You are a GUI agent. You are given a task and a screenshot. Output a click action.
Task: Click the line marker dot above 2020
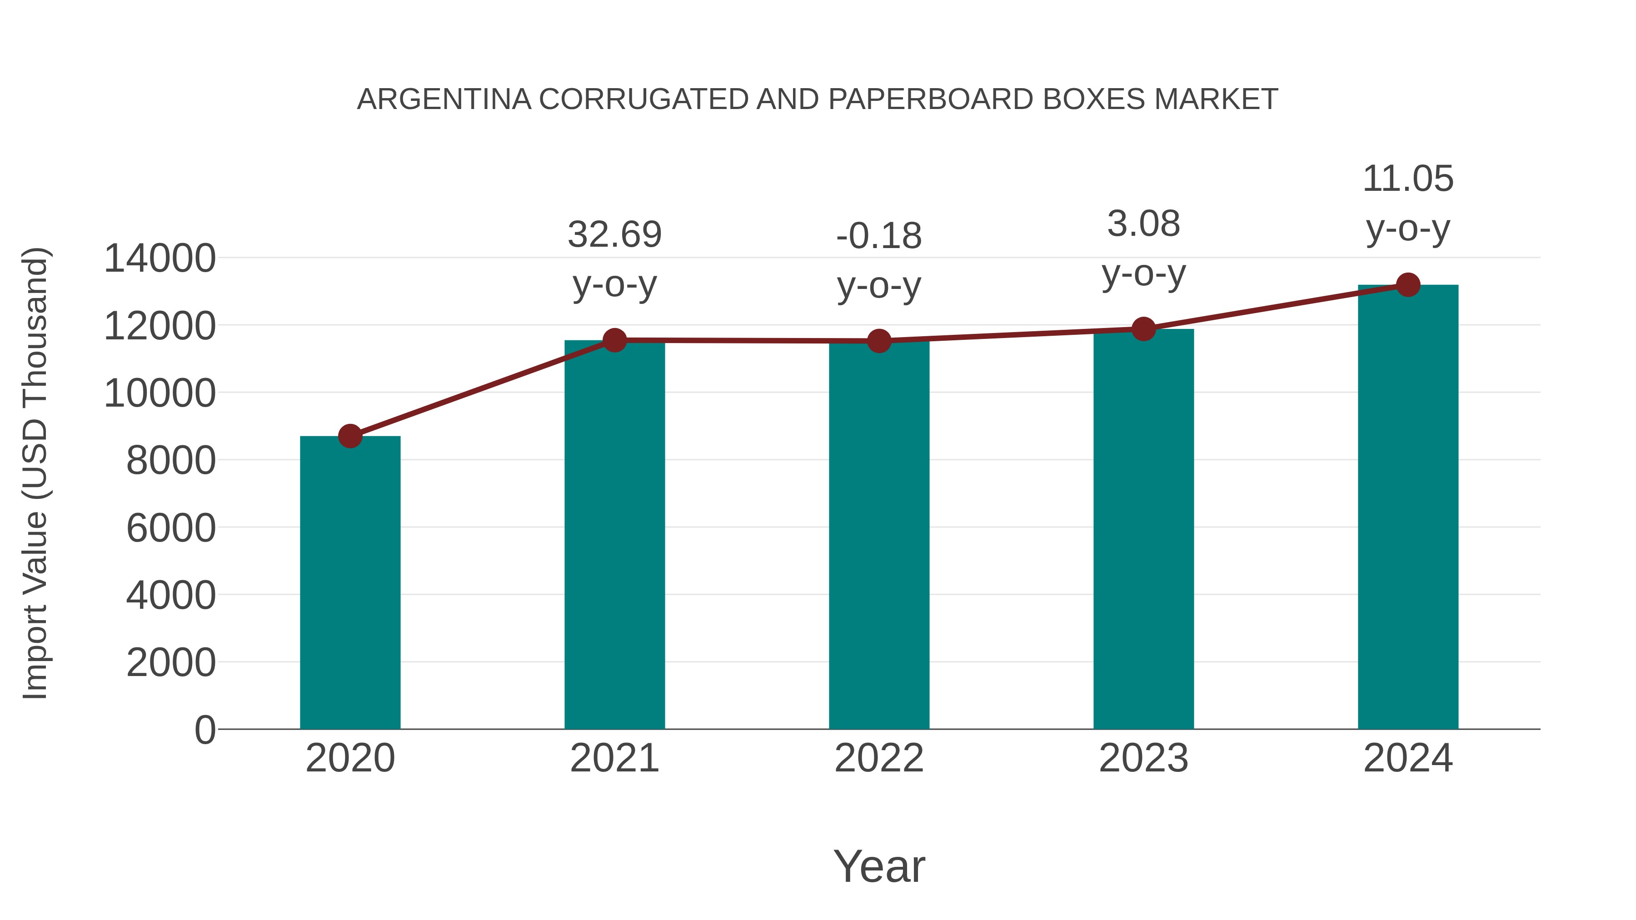[x=350, y=436]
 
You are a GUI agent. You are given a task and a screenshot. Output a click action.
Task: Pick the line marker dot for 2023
[x=1143, y=329]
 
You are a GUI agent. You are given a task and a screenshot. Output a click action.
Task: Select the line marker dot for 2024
[x=1408, y=285]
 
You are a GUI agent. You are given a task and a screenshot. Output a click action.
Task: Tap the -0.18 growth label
[x=879, y=236]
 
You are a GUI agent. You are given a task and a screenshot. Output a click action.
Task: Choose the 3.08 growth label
[x=1143, y=224]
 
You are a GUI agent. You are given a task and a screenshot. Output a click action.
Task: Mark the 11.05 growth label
[x=1408, y=179]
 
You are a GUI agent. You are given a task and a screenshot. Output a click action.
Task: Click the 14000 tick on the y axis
[x=160, y=259]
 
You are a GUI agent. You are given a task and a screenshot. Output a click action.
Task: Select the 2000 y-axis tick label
[x=171, y=662]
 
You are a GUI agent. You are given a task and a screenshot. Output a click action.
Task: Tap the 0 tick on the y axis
[x=205, y=730]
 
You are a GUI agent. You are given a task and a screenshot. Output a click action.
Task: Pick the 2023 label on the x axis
[x=1143, y=758]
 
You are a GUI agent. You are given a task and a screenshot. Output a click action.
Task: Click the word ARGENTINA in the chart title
[x=444, y=99]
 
